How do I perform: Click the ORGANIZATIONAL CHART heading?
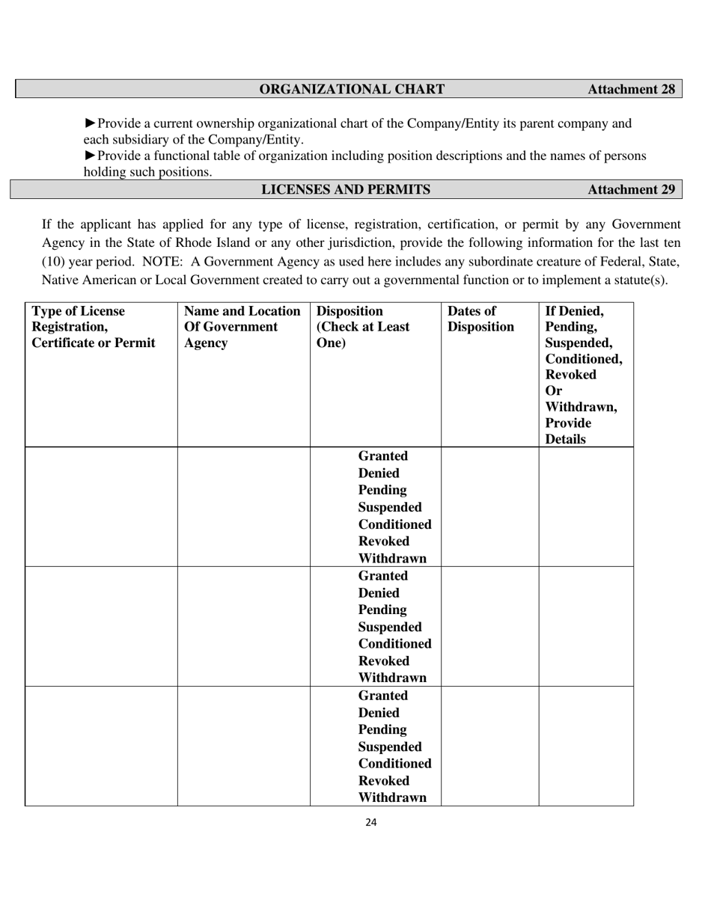(x=352, y=89)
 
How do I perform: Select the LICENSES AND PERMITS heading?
(x=345, y=189)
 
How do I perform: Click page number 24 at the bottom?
(x=371, y=823)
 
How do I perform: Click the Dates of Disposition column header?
(x=480, y=319)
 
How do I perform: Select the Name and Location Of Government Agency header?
(x=242, y=327)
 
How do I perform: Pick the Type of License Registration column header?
(x=94, y=327)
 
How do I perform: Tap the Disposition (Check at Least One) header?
(x=363, y=327)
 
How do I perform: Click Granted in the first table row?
(x=382, y=456)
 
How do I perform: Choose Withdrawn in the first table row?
(x=392, y=558)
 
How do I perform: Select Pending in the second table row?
(x=382, y=610)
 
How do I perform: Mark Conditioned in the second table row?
(x=394, y=643)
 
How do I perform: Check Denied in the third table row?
(x=379, y=713)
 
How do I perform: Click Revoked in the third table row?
(x=383, y=780)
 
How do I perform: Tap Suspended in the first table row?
(x=390, y=507)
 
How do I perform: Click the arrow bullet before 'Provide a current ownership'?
(x=90, y=123)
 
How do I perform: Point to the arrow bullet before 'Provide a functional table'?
(x=90, y=156)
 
